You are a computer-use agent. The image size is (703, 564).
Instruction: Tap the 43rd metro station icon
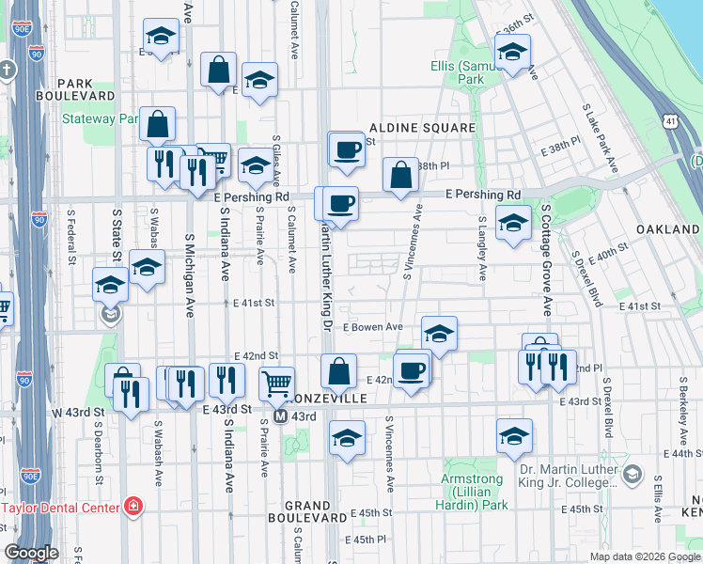[x=280, y=415]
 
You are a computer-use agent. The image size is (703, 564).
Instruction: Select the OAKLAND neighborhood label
[x=667, y=229]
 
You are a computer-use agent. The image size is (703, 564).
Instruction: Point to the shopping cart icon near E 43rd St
[x=276, y=383]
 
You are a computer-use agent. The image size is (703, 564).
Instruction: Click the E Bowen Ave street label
[x=372, y=327]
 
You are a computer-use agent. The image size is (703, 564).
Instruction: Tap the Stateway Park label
[x=101, y=119]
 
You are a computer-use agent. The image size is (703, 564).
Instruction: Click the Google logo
[x=31, y=553]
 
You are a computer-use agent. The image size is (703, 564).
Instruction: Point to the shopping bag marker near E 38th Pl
[x=400, y=174]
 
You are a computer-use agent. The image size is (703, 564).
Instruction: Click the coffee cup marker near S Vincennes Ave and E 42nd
[x=410, y=369]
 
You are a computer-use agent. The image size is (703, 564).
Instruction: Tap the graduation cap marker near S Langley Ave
[x=512, y=224]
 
